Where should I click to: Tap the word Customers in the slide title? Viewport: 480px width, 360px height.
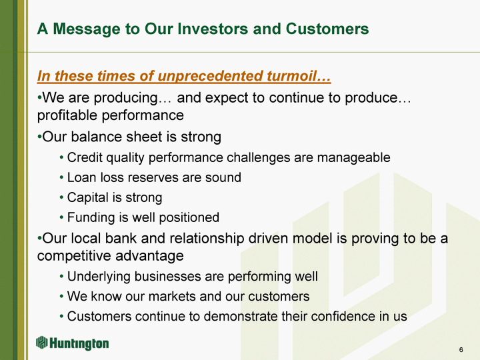[x=327, y=29]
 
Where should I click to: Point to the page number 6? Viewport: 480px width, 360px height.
[x=461, y=349]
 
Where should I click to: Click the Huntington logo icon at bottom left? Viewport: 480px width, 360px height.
[x=41, y=343]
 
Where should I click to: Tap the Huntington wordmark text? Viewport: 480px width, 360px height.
[x=79, y=343]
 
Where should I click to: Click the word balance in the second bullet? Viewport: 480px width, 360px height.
[x=96, y=137]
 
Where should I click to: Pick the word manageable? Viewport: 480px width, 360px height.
[x=353, y=158]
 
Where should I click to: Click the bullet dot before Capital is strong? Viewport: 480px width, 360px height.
[x=61, y=198]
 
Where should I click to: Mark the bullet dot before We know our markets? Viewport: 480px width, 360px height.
[x=61, y=297]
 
